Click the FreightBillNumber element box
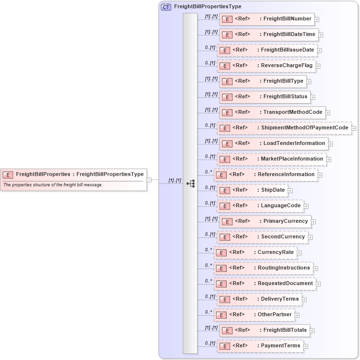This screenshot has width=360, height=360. [x=267, y=19]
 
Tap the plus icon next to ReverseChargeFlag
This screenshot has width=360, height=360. [x=318, y=66]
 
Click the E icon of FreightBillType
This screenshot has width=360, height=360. [x=226, y=81]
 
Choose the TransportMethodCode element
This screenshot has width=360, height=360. [x=272, y=112]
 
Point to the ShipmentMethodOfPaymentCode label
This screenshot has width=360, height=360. [x=305, y=128]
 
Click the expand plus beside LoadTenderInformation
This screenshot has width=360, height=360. [x=330, y=144]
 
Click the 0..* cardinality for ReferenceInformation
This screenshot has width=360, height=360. [x=208, y=172]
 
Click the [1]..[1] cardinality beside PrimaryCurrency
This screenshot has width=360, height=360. [x=211, y=218]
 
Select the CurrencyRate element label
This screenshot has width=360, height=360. [x=275, y=252]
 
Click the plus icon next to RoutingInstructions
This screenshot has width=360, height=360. [x=315, y=268]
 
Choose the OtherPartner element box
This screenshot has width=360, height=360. [x=254, y=315]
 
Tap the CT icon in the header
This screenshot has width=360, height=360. [x=166, y=7]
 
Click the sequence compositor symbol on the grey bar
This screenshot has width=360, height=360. [x=190, y=183]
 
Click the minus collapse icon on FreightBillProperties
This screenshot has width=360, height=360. [x=149, y=180]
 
